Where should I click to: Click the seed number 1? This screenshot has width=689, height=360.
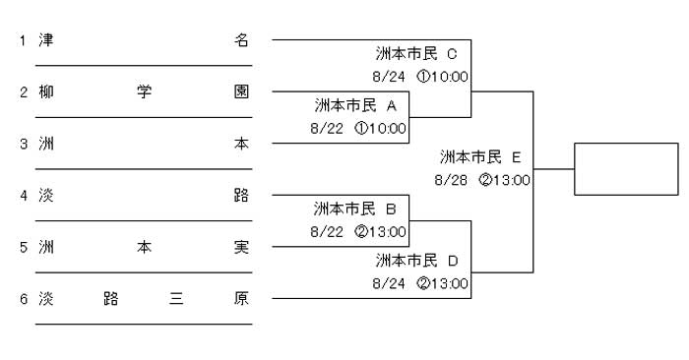click(x=23, y=41)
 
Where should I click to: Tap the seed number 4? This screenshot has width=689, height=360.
click(x=24, y=196)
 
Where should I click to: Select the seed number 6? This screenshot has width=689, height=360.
click(x=24, y=299)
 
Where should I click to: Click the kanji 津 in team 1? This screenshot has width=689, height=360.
click(x=46, y=40)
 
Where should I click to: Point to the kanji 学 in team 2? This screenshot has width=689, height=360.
click(x=144, y=91)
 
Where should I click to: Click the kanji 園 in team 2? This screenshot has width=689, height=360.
click(x=241, y=91)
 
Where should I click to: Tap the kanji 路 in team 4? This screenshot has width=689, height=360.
click(x=241, y=196)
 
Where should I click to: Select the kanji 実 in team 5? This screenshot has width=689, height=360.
click(x=241, y=247)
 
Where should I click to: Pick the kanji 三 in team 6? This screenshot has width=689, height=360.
click(x=176, y=299)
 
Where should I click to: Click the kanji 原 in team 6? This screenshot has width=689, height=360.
click(x=241, y=299)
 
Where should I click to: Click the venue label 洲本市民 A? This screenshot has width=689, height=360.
click(x=356, y=105)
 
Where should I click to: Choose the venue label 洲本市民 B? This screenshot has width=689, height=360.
click(x=355, y=209)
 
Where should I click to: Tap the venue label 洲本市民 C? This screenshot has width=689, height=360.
click(x=416, y=53)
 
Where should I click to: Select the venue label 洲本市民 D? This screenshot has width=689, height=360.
click(x=417, y=261)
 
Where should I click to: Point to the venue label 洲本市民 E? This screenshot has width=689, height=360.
click(x=480, y=157)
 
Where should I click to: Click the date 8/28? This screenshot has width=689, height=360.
click(x=451, y=180)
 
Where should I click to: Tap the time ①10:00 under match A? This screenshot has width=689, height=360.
click(x=381, y=129)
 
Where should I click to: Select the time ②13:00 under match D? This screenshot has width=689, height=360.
click(x=443, y=283)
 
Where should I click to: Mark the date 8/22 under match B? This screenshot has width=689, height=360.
click(x=327, y=232)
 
